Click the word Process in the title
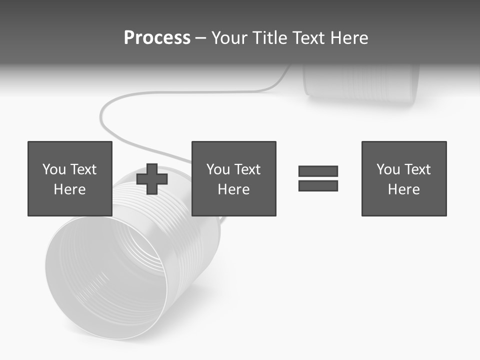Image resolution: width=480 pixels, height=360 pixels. tap(157, 38)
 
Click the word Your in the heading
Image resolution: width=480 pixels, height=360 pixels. tap(230, 38)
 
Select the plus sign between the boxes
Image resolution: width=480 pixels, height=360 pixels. tap(152, 179)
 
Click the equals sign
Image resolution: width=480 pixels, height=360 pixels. tap(318, 178)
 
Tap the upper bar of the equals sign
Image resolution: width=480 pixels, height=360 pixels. tap(318, 171)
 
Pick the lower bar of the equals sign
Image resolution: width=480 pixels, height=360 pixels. tap(318, 185)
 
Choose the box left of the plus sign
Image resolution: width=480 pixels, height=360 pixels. tap(70, 179)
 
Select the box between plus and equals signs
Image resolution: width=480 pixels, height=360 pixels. tap(233, 179)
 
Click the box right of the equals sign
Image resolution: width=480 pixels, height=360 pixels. tap(403, 179)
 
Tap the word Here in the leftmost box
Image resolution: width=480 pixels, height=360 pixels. tap(70, 189)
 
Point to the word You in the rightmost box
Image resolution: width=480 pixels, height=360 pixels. tap(388, 169)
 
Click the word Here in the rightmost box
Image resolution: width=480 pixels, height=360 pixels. tap(403, 189)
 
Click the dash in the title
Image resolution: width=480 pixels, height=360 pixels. tap(201, 38)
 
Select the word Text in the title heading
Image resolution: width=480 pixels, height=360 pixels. tap(305, 38)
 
